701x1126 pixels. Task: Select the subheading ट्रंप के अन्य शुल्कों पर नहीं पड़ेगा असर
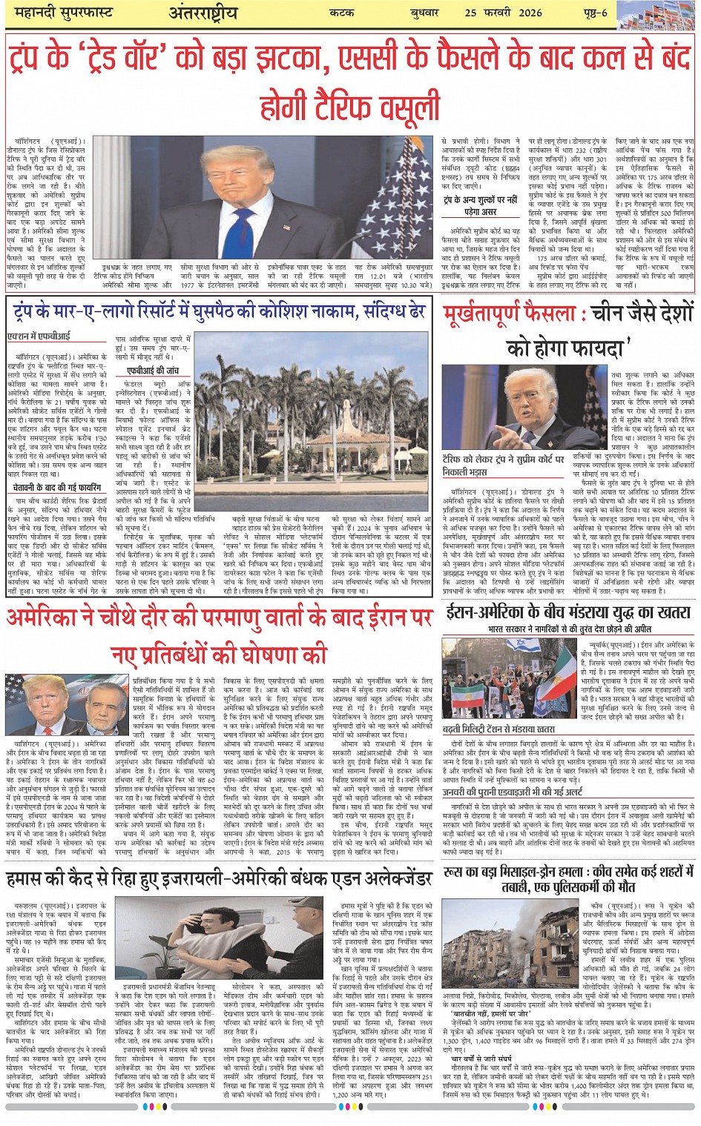point(481,205)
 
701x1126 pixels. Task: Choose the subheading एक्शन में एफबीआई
point(39,336)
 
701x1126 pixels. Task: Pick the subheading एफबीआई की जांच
point(153,370)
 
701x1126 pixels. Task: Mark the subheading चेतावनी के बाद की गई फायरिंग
point(57,489)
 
